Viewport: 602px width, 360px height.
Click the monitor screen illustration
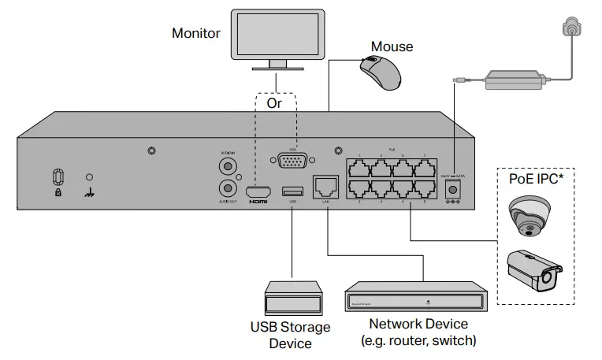(275, 33)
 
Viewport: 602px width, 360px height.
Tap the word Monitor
(196, 34)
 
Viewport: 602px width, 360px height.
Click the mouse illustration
(381, 72)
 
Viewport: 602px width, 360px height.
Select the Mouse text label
(392, 46)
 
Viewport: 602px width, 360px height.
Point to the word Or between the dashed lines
(274, 103)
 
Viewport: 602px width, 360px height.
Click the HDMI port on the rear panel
(258, 191)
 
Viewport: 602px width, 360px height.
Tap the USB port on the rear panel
(292, 191)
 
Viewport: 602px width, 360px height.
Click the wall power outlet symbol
(569, 27)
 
